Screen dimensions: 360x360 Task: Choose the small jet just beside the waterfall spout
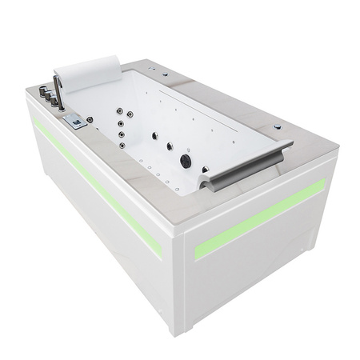coord(206,170)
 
